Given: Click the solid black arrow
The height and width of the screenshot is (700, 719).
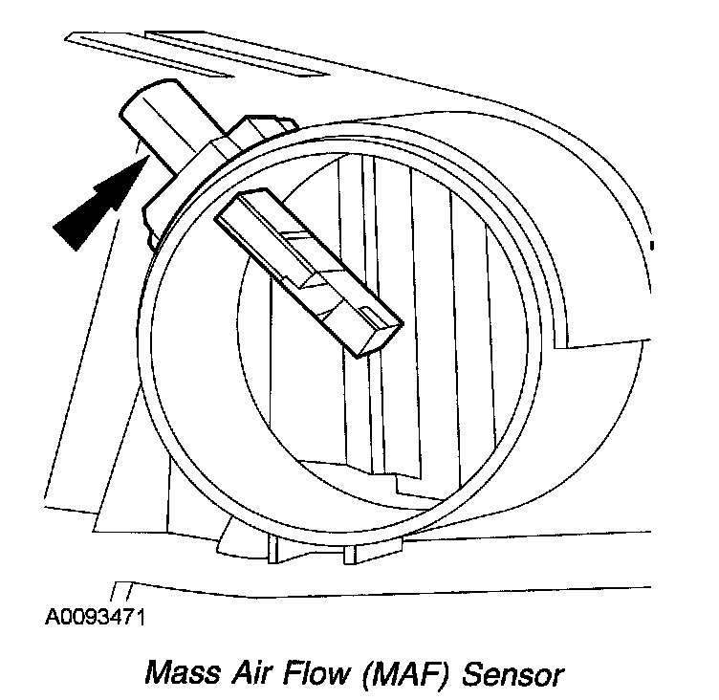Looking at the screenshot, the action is point(101,203).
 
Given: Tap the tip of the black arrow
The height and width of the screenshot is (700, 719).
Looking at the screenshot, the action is point(148,156).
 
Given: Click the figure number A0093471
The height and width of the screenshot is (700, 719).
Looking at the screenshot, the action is point(95,618).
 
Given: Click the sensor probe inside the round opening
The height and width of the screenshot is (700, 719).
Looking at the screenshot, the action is point(309,273).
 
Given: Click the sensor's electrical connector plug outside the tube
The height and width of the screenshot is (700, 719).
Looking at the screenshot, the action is point(163,124).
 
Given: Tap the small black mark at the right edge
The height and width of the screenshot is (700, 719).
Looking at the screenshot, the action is point(652,246).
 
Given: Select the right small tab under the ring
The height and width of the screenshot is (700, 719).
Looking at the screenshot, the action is point(350,554).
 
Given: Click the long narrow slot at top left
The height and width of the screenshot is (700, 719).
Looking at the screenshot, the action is point(149,55).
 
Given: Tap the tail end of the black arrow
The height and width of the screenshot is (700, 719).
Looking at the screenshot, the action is point(65,237).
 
